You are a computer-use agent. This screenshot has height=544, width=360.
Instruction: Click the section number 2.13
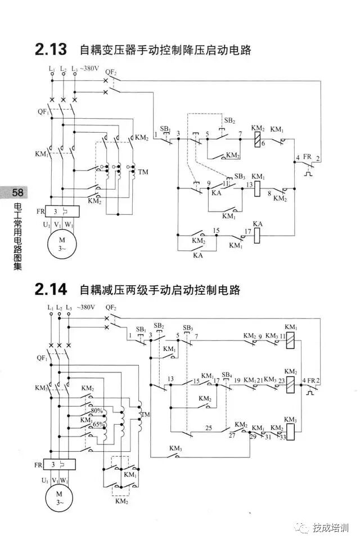click(x=52, y=50)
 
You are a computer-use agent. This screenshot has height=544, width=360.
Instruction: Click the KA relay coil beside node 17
click(x=259, y=235)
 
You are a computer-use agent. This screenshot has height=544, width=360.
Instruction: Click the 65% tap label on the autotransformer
click(x=98, y=424)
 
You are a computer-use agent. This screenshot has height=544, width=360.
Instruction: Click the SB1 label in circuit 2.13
click(x=165, y=129)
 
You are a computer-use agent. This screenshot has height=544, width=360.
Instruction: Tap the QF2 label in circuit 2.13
click(x=111, y=73)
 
